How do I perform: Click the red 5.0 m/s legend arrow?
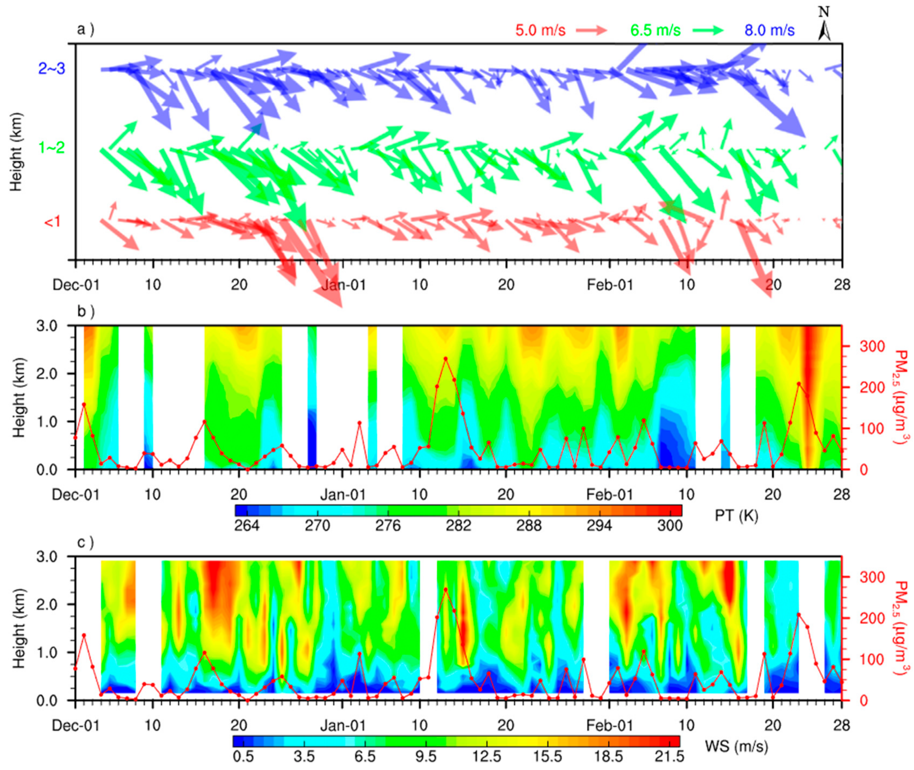pyautogui.click(x=591, y=30)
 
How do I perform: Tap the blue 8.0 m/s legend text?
pyautogui.click(x=769, y=30)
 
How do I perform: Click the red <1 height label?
pyautogui.click(x=52, y=222)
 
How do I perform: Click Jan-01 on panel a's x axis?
pyautogui.click(x=343, y=285)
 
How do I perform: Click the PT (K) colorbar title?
pyautogui.click(x=736, y=516)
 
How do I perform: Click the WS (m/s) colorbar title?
pyautogui.click(x=736, y=746)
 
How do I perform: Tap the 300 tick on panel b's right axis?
pyautogui.click(x=872, y=346)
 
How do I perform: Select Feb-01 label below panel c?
pyautogui.click(x=610, y=725)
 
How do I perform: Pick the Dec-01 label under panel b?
pyautogui.click(x=76, y=495)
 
